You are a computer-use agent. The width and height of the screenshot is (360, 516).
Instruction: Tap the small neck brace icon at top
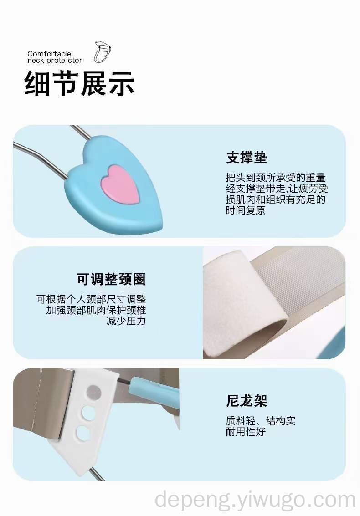pos(103,52)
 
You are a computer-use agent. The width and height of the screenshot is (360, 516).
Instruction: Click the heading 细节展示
pos(79,83)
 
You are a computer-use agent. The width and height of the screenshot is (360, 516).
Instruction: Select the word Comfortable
pos(49,54)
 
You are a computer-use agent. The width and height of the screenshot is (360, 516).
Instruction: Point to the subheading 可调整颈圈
pos(111,279)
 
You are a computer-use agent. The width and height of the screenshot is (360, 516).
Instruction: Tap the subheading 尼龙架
pos(247,400)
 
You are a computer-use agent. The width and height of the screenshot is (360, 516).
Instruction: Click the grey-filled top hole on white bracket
pos(94,392)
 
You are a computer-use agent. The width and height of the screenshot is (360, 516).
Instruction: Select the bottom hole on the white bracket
pos(83,434)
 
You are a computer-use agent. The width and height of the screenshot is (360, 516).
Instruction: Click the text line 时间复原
pos(245,210)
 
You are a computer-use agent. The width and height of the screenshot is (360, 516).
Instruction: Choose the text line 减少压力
pos(126,321)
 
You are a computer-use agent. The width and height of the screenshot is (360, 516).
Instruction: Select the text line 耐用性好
pos(245,431)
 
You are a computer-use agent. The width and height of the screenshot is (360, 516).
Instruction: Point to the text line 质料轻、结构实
pos(261,420)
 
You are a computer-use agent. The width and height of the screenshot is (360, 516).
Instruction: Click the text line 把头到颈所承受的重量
pos(276,177)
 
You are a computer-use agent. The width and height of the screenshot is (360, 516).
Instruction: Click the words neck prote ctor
pos(55,61)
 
